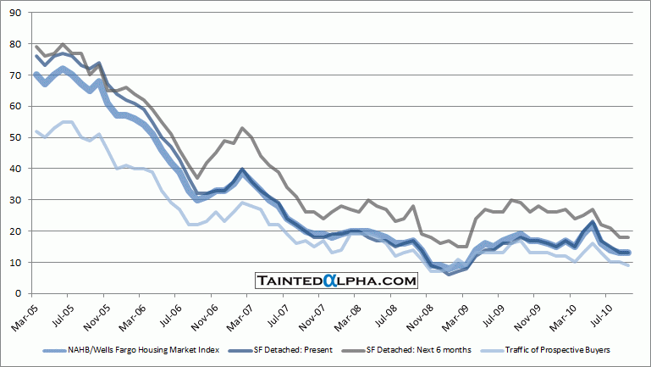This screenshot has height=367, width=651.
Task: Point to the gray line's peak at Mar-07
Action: [243, 128]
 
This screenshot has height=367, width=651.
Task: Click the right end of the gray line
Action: [627, 237]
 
